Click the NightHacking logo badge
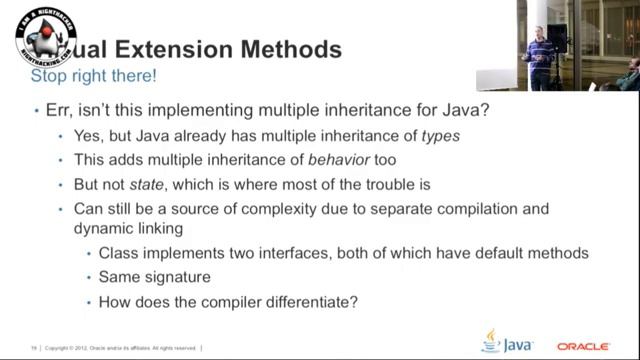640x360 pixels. tap(47, 37)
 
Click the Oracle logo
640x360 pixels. tap(584, 346)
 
